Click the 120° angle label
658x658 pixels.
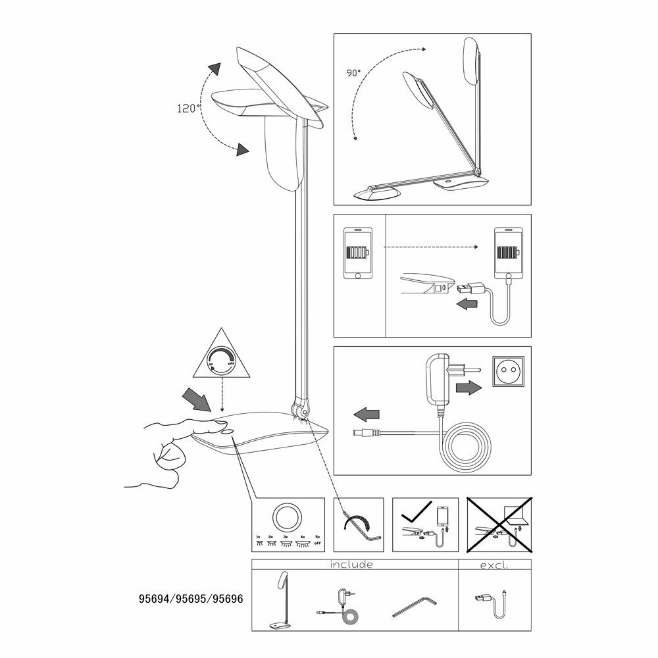tap(188, 109)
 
